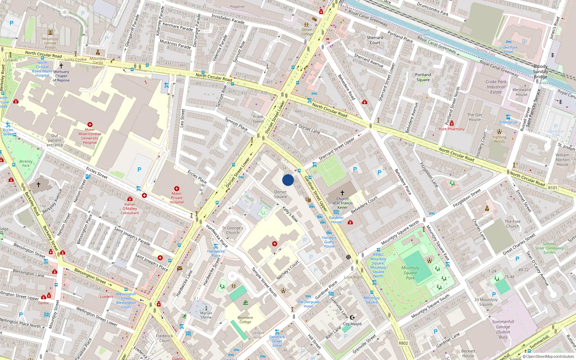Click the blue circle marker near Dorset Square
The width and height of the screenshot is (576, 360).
[288, 180]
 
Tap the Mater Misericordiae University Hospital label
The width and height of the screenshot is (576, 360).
[90, 136]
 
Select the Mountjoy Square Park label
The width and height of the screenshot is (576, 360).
[410, 273]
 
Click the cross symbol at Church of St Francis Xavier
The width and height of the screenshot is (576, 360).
[342, 193]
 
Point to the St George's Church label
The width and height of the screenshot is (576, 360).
[233, 230]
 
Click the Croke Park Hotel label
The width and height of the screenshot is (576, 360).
[508, 50]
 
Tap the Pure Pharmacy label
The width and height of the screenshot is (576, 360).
[451, 129]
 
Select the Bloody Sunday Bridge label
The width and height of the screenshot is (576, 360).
[540, 71]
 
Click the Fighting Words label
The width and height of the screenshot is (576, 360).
[499, 139]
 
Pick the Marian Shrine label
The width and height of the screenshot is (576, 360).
[206, 315]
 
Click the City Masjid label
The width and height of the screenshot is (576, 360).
[352, 324]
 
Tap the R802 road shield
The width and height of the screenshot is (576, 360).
[403, 343]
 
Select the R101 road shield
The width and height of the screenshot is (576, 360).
[552, 188]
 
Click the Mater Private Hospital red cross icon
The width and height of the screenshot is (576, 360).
[176, 189]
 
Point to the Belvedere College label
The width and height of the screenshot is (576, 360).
[245, 320]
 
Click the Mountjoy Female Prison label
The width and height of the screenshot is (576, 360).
[50, 43]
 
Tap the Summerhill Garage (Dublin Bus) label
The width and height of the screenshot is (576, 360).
[503, 329]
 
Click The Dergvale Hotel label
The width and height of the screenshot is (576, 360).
[308, 304]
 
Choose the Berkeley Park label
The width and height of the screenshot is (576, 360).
[26, 163]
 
